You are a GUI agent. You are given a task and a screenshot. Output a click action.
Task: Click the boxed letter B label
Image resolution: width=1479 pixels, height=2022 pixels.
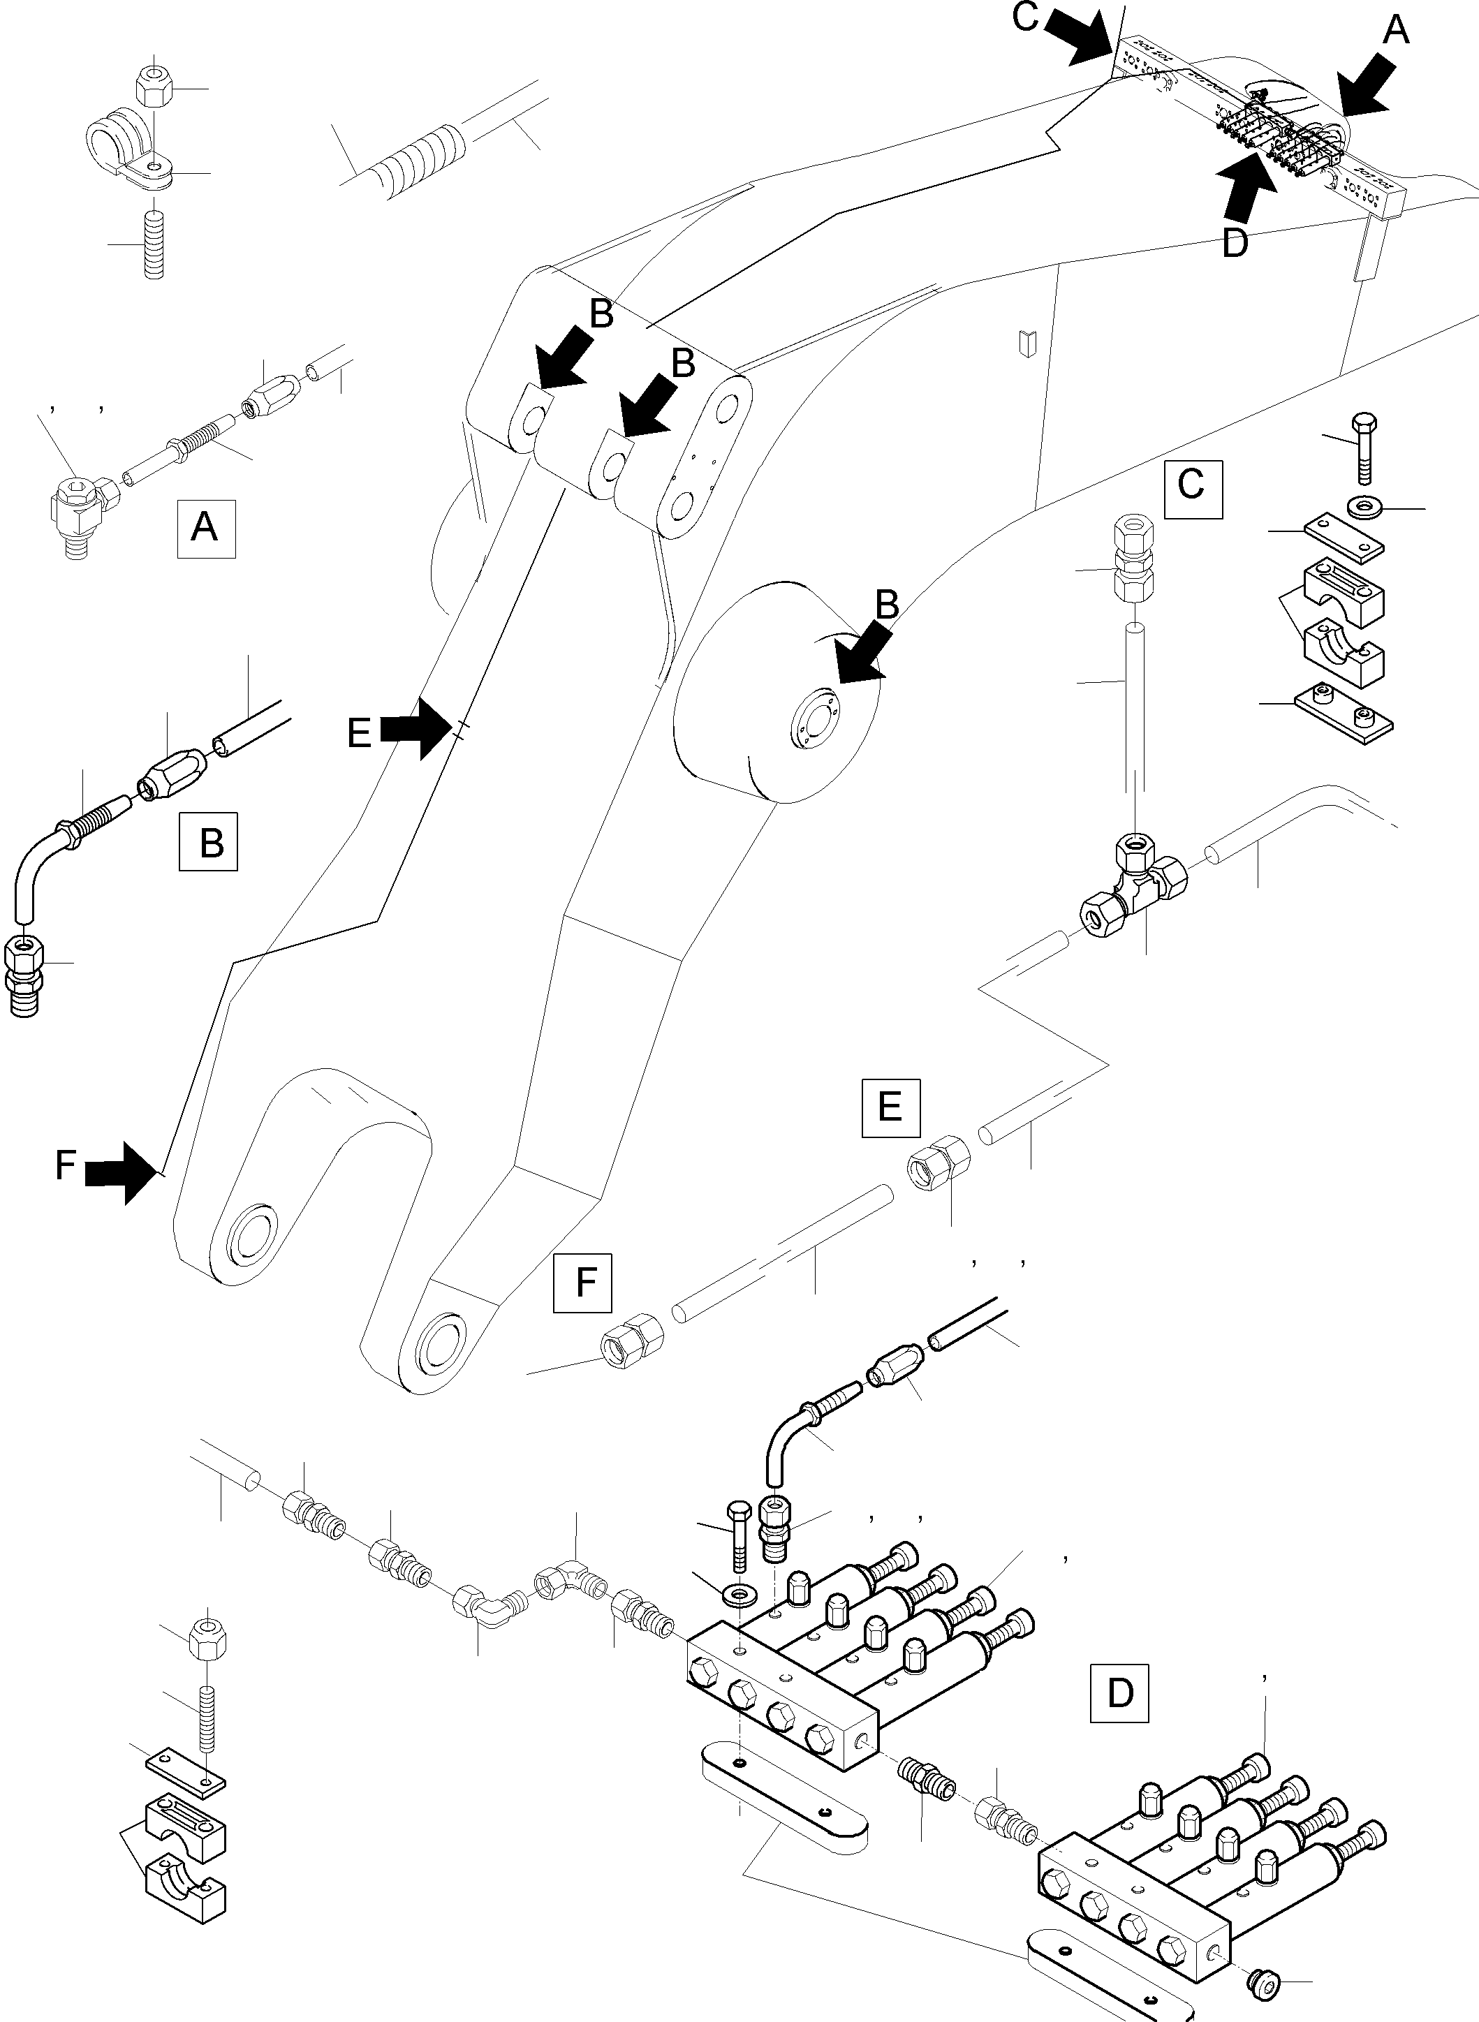(x=209, y=841)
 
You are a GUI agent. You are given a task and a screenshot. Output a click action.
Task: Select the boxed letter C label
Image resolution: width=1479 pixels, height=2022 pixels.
(x=1193, y=489)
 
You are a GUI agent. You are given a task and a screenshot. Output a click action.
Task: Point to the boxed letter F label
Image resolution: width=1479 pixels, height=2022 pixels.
(x=583, y=1283)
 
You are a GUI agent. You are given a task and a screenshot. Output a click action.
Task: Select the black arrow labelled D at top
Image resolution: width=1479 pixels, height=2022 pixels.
(x=1244, y=188)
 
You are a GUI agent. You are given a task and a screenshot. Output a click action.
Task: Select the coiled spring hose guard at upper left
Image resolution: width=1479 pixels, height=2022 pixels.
(x=419, y=159)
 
